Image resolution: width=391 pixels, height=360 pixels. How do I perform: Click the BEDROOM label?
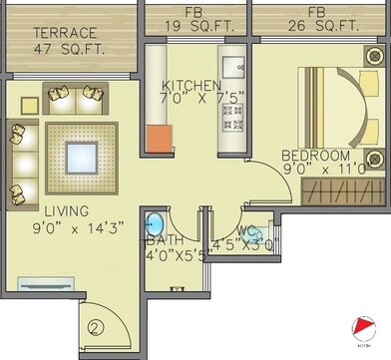315,156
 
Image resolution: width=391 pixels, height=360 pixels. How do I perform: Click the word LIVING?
66,211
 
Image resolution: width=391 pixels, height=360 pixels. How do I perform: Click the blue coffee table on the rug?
81,158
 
